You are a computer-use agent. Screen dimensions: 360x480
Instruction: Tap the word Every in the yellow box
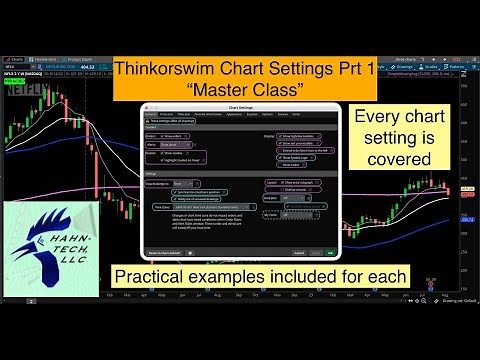pyautogui.click(x=374, y=118)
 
